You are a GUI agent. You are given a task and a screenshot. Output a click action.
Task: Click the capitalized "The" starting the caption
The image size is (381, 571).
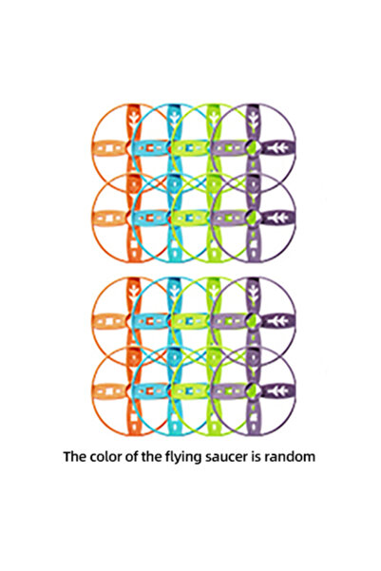[75, 456]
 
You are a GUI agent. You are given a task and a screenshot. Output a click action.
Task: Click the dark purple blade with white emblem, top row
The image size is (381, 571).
[278, 148]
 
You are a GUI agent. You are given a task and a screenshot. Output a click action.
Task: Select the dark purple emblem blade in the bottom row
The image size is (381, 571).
[278, 391]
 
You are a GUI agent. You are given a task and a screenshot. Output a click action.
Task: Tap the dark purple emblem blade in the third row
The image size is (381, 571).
[278, 320]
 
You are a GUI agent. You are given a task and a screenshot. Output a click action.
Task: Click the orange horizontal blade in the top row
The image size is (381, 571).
[109, 148]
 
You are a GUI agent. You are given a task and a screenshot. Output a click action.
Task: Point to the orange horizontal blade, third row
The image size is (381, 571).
[109, 321]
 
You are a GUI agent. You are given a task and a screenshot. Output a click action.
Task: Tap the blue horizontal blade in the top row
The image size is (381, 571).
[149, 148]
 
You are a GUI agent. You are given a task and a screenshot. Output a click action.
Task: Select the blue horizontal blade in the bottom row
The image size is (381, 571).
[149, 391]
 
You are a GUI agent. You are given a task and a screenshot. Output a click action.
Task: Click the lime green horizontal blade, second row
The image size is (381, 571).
[189, 218]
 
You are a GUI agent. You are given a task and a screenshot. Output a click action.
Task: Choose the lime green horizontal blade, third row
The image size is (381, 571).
[189, 321]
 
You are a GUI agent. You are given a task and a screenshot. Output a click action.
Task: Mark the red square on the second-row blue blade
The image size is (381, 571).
[149, 218]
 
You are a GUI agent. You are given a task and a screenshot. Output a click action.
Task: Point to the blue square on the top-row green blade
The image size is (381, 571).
[189, 148]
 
